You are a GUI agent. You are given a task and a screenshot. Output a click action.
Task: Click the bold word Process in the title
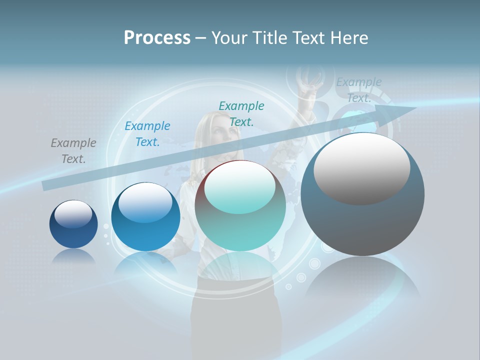pyautogui.click(x=157, y=37)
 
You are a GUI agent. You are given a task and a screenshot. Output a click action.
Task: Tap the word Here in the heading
pyautogui.click(x=349, y=37)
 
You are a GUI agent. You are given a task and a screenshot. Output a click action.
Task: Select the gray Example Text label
pyautogui.click(x=73, y=151)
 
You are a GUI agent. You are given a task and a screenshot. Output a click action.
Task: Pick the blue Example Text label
pyautogui.click(x=147, y=134)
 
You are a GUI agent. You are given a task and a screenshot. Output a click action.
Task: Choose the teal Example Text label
pyautogui.click(x=241, y=113)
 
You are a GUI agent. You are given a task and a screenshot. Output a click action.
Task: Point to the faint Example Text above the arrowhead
pyautogui.click(x=359, y=90)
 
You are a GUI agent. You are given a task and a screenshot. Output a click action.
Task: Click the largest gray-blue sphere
pyautogui.click(x=362, y=220)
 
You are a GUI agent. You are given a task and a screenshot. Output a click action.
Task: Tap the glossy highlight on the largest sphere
pyautogui.click(x=361, y=167)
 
